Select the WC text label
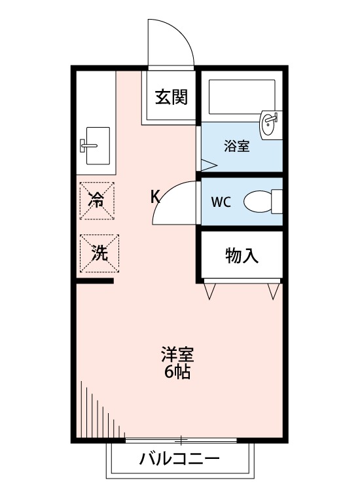coord(221,202)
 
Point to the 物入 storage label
coord(242,255)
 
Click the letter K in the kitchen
coord(156,196)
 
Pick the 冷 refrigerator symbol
coord(97,200)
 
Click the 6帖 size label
coord(177,374)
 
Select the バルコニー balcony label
coord(179,459)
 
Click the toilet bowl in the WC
coord(259,202)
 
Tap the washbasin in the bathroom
coord(270,124)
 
